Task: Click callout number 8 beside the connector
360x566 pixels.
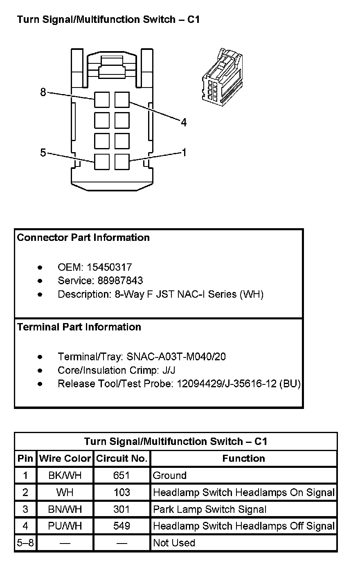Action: [x=43, y=92]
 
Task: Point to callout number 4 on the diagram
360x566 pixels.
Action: [x=184, y=122]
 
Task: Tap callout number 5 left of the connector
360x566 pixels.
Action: [x=43, y=153]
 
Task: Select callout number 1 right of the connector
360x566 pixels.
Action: [x=184, y=153]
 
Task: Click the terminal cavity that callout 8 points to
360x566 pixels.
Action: [x=101, y=99]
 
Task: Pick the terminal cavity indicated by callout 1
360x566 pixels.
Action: [x=122, y=162]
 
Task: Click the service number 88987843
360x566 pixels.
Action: [x=120, y=281]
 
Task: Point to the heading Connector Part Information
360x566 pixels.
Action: [x=83, y=238]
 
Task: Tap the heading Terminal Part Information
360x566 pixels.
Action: [x=79, y=327]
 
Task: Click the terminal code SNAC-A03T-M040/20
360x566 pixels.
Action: [x=176, y=357]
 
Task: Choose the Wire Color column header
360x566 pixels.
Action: [x=65, y=458]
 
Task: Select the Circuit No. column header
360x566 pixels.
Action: [x=122, y=458]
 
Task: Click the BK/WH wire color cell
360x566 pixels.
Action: [x=65, y=475]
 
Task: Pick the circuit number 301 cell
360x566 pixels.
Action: [x=122, y=509]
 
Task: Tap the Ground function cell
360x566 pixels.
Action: [x=170, y=475]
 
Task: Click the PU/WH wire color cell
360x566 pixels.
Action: [x=65, y=526]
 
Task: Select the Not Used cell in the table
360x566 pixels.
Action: [x=174, y=543]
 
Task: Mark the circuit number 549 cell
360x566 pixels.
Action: [x=122, y=526]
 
